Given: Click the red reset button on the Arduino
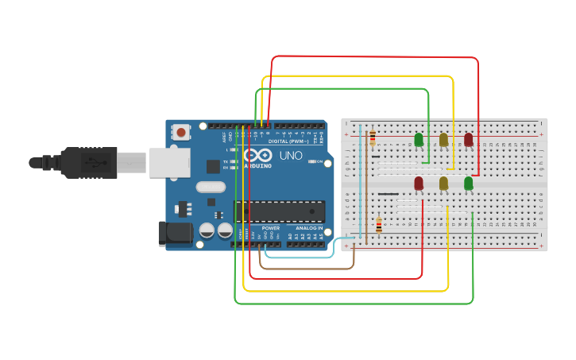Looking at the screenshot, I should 181,132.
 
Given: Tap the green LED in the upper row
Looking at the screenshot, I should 419,140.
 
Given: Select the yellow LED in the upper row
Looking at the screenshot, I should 443,140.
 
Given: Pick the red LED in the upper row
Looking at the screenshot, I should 468,140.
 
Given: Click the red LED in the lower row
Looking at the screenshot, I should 419,184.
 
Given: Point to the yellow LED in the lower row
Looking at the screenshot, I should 443,184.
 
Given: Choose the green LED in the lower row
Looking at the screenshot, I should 468,184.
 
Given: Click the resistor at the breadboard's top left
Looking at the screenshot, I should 373,138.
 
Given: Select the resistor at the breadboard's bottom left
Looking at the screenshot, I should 379,226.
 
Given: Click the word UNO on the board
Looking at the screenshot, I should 292,155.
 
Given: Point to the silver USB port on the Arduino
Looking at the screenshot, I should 169,162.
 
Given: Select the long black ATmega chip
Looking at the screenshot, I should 279,211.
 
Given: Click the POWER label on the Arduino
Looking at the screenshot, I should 270,228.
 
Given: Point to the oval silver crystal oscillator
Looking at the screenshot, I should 210,188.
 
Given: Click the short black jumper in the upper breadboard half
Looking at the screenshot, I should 376,157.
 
